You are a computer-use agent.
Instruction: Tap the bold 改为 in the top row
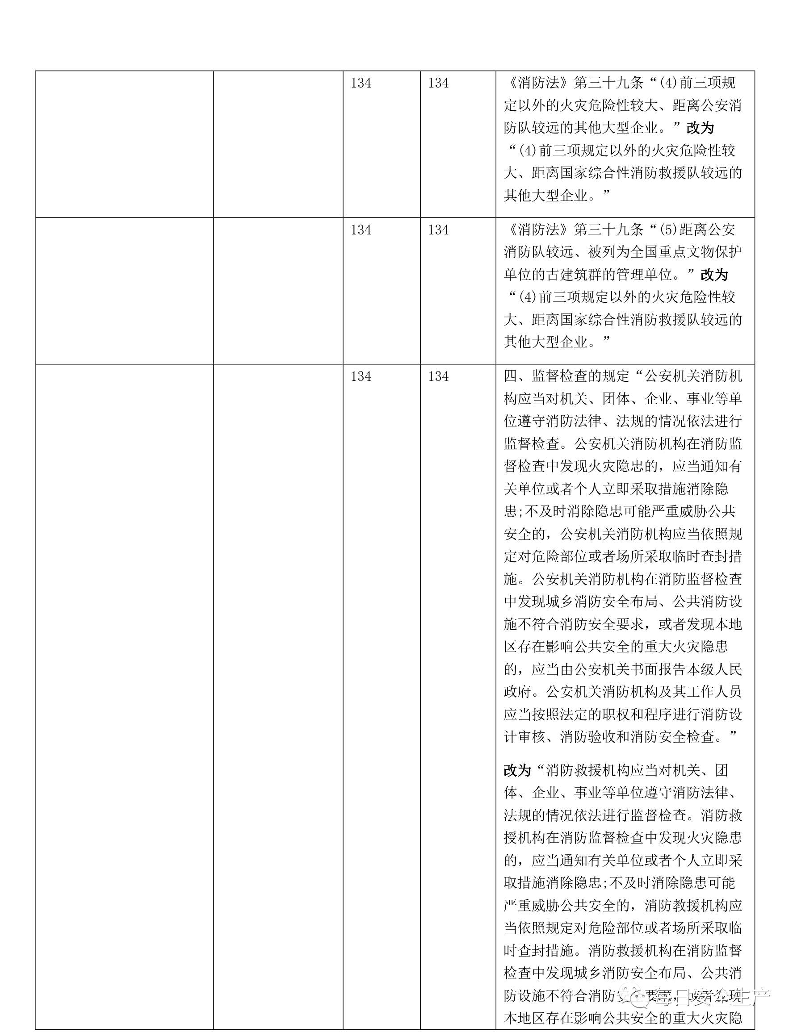(x=700, y=128)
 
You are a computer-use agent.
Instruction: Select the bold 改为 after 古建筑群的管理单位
(x=714, y=275)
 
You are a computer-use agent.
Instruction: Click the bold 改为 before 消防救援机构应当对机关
(x=517, y=771)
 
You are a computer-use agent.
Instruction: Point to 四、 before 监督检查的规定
(x=517, y=376)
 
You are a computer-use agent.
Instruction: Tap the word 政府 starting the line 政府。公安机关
(x=517, y=692)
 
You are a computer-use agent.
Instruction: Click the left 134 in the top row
(x=361, y=83)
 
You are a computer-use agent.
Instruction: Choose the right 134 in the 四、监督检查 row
(x=438, y=376)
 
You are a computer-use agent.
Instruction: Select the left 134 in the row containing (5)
(x=361, y=230)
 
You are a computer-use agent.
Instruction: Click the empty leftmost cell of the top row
(x=124, y=144)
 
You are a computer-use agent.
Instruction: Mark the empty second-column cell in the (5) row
(x=278, y=291)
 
